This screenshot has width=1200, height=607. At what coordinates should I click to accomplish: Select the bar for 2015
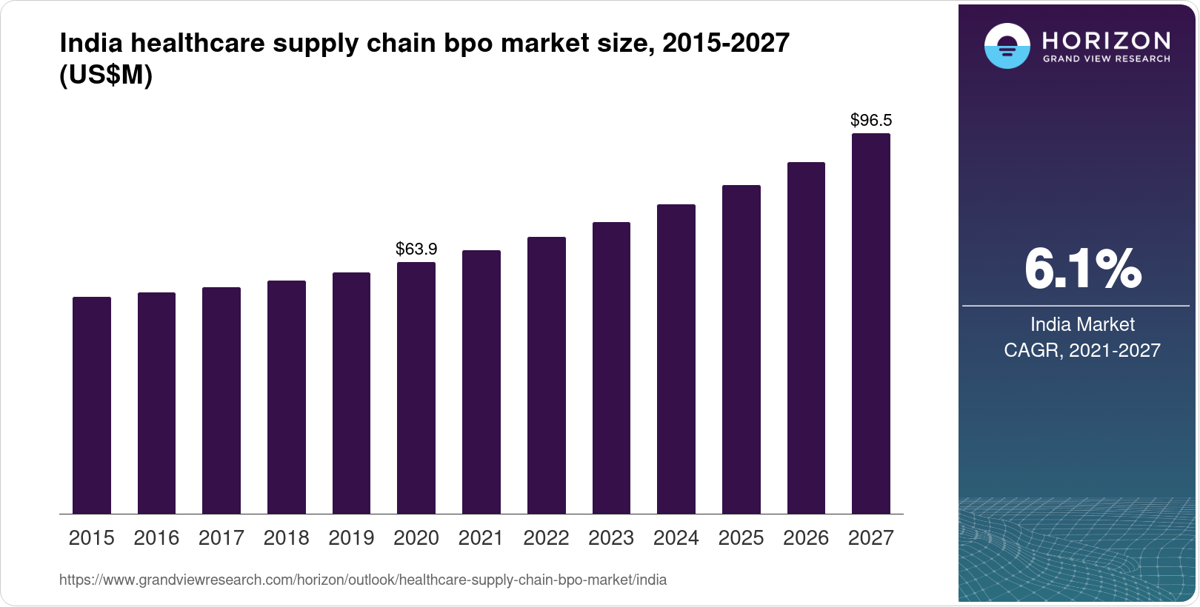92,405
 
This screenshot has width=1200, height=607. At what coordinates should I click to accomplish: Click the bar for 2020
416,388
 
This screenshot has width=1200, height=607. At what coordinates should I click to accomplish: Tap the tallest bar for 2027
871,323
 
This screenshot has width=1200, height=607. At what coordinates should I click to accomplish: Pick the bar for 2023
611,368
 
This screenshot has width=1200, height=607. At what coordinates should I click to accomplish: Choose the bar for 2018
287,397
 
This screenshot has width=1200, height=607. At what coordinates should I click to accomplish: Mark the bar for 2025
741,349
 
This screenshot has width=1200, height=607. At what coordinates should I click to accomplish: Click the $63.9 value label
416,249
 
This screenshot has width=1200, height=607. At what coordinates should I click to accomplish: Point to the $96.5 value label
871,120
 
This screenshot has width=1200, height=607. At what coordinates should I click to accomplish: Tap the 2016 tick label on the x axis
156,538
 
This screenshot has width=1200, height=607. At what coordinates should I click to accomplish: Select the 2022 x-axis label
546,538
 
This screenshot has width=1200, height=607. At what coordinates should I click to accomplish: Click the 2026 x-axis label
806,538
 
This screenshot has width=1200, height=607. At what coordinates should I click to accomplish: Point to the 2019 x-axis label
351,538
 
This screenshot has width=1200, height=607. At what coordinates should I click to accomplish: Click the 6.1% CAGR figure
1082,269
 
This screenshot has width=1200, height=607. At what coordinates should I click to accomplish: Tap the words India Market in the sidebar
1082,324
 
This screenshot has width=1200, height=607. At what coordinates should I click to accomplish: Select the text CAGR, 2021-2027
1082,350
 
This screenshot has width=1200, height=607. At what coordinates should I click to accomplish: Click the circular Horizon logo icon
1007,47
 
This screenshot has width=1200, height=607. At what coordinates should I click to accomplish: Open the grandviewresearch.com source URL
363,580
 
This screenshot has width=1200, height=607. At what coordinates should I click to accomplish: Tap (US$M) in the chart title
106,75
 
